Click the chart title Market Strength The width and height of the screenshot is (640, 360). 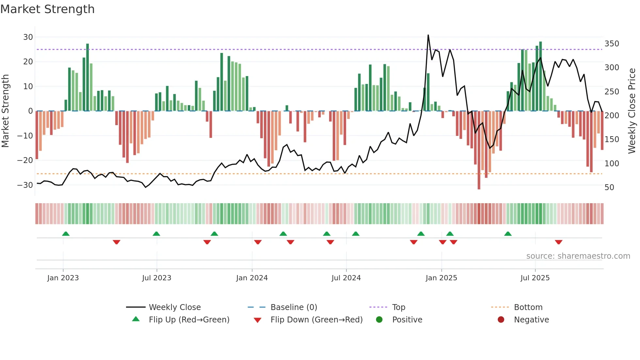click(47, 9)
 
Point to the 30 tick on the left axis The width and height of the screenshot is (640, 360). click(28, 37)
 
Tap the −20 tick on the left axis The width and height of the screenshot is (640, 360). click(25, 160)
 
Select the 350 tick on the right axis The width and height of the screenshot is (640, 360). click(612, 44)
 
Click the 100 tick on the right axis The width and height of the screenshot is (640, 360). click(612, 163)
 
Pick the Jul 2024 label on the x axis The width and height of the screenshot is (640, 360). click(346, 278)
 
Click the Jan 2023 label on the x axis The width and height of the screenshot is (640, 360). click(63, 278)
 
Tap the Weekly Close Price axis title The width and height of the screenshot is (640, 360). click(632, 111)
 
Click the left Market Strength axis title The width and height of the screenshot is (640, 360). click(5, 111)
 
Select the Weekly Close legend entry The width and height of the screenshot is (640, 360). click(174, 307)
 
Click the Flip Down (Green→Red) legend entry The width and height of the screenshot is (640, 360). click(316, 320)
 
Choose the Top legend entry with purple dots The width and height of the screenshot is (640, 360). click(398, 307)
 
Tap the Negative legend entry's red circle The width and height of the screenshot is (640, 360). click(501, 320)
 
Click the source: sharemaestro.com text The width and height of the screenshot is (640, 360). click(578, 256)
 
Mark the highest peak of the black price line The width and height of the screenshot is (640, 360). click(428, 35)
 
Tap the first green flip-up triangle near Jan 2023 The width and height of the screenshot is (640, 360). click(66, 234)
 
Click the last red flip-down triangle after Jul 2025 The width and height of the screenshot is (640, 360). click(558, 242)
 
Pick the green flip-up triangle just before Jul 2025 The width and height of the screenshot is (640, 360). click(508, 234)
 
